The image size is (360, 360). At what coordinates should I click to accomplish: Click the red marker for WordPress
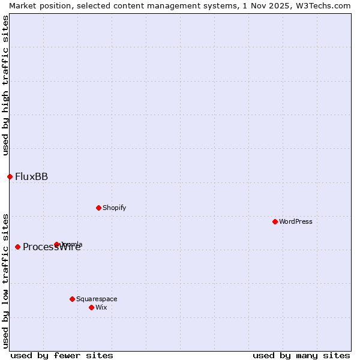point(275,221)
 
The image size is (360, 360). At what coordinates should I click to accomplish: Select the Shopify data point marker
point(98,208)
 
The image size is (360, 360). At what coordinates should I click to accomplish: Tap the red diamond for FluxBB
point(10,176)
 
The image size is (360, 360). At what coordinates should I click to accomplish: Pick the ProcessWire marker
point(17,247)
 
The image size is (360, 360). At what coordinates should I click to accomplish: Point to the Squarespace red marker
point(72,299)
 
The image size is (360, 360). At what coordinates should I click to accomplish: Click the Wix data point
point(91,307)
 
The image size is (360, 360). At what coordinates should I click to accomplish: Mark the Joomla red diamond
point(56,244)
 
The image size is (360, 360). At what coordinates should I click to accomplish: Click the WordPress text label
point(296,221)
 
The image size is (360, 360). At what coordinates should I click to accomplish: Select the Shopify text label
point(114,208)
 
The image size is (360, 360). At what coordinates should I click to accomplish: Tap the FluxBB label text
point(31,176)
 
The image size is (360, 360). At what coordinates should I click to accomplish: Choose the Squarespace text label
point(97,299)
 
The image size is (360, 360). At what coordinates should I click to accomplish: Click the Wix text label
point(101,307)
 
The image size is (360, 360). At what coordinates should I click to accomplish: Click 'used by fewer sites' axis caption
point(62,355)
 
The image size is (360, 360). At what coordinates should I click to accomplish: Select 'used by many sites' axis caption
point(301,355)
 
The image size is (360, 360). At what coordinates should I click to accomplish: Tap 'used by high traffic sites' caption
point(5,85)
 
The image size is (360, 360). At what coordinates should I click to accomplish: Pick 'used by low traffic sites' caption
point(5,280)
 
